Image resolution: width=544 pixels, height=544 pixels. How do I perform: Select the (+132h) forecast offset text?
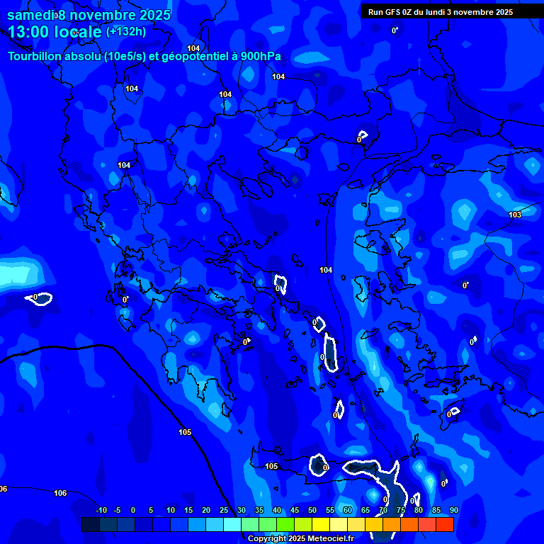pos(126,32)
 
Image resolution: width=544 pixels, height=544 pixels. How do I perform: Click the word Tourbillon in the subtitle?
pos(33,57)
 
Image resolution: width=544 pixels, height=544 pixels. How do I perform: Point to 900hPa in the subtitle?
pos(261,57)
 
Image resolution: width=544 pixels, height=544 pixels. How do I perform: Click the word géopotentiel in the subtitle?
pos(191,57)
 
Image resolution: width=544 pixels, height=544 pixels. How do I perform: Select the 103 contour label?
pos(515,215)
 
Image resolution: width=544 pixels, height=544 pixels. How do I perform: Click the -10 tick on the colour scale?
pos(101,511)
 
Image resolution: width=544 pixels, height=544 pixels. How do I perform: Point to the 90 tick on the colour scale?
pos(453,511)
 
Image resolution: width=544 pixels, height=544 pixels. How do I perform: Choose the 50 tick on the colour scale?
pos(312,511)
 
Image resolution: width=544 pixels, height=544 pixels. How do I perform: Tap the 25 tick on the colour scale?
pos(223,511)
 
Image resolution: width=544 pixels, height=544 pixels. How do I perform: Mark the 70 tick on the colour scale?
pos(382,511)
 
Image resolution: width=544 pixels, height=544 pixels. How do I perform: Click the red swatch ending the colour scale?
pos(444,525)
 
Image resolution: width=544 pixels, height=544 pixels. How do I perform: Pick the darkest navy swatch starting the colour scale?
pos(90,525)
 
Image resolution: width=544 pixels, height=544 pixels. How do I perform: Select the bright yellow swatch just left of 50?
pos(302,525)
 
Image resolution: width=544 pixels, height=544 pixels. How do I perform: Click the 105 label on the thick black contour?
pos(185,432)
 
